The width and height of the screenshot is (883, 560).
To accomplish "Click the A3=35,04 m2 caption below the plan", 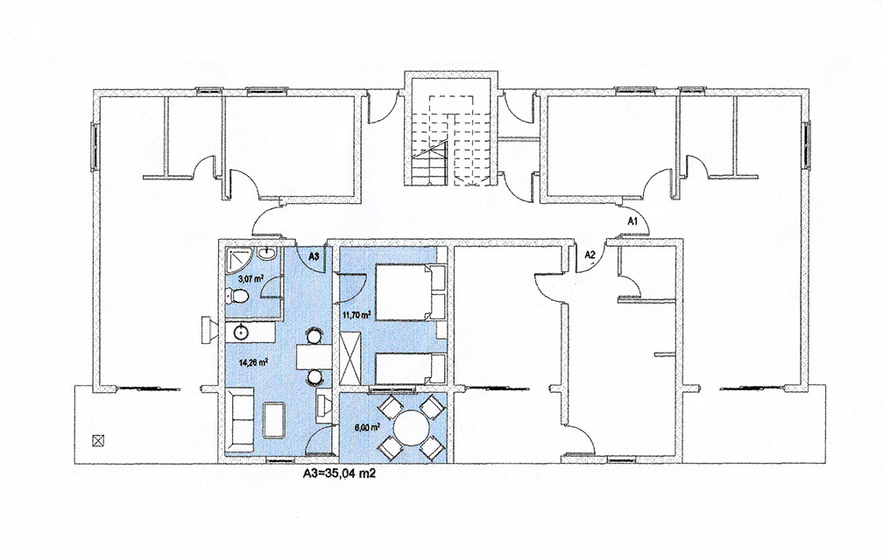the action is coord(339,473).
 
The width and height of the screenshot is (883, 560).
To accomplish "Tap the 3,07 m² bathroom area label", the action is coord(251,277).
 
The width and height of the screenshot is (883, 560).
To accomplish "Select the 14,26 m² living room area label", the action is coord(253,362).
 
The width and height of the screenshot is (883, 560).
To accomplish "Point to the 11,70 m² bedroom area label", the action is coord(357,315).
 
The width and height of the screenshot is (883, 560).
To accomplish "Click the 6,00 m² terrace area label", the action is coord(366,427).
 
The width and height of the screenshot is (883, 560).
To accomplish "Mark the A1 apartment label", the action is coord(632,221).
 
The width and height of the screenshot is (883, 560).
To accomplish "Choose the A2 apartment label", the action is coord(590,254).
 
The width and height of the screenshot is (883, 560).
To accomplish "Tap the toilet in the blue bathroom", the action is coord(237,296).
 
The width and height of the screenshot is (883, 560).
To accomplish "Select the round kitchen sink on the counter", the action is coord(240,332).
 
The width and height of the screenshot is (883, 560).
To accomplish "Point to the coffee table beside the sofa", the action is coord(273,419).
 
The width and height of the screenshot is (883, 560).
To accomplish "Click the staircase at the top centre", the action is coord(451,139).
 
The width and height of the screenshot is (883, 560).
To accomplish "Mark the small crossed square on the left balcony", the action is coord(97,440).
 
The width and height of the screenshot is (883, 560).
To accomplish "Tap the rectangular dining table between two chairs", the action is coord(313,355).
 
